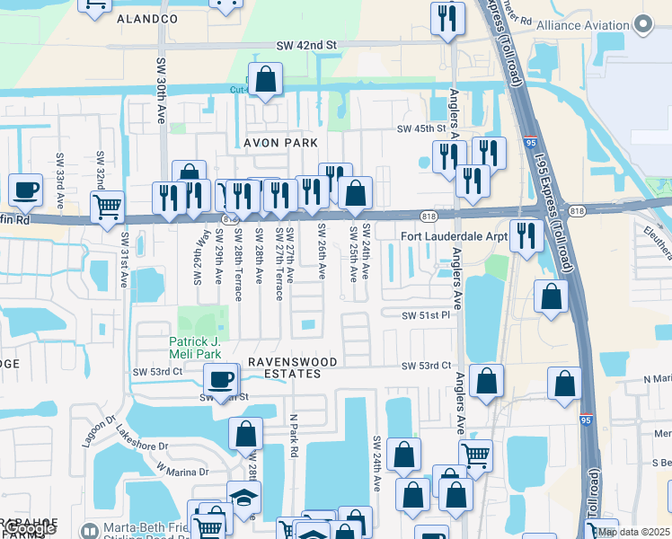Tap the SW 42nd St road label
click(305, 44)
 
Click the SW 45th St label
click(421, 129)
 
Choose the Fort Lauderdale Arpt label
click(454, 236)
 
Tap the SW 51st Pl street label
click(426, 315)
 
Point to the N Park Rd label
click(293, 435)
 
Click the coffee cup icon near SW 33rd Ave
click(26, 190)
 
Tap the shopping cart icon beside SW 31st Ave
click(107, 206)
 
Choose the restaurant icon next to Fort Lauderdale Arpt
click(526, 235)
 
